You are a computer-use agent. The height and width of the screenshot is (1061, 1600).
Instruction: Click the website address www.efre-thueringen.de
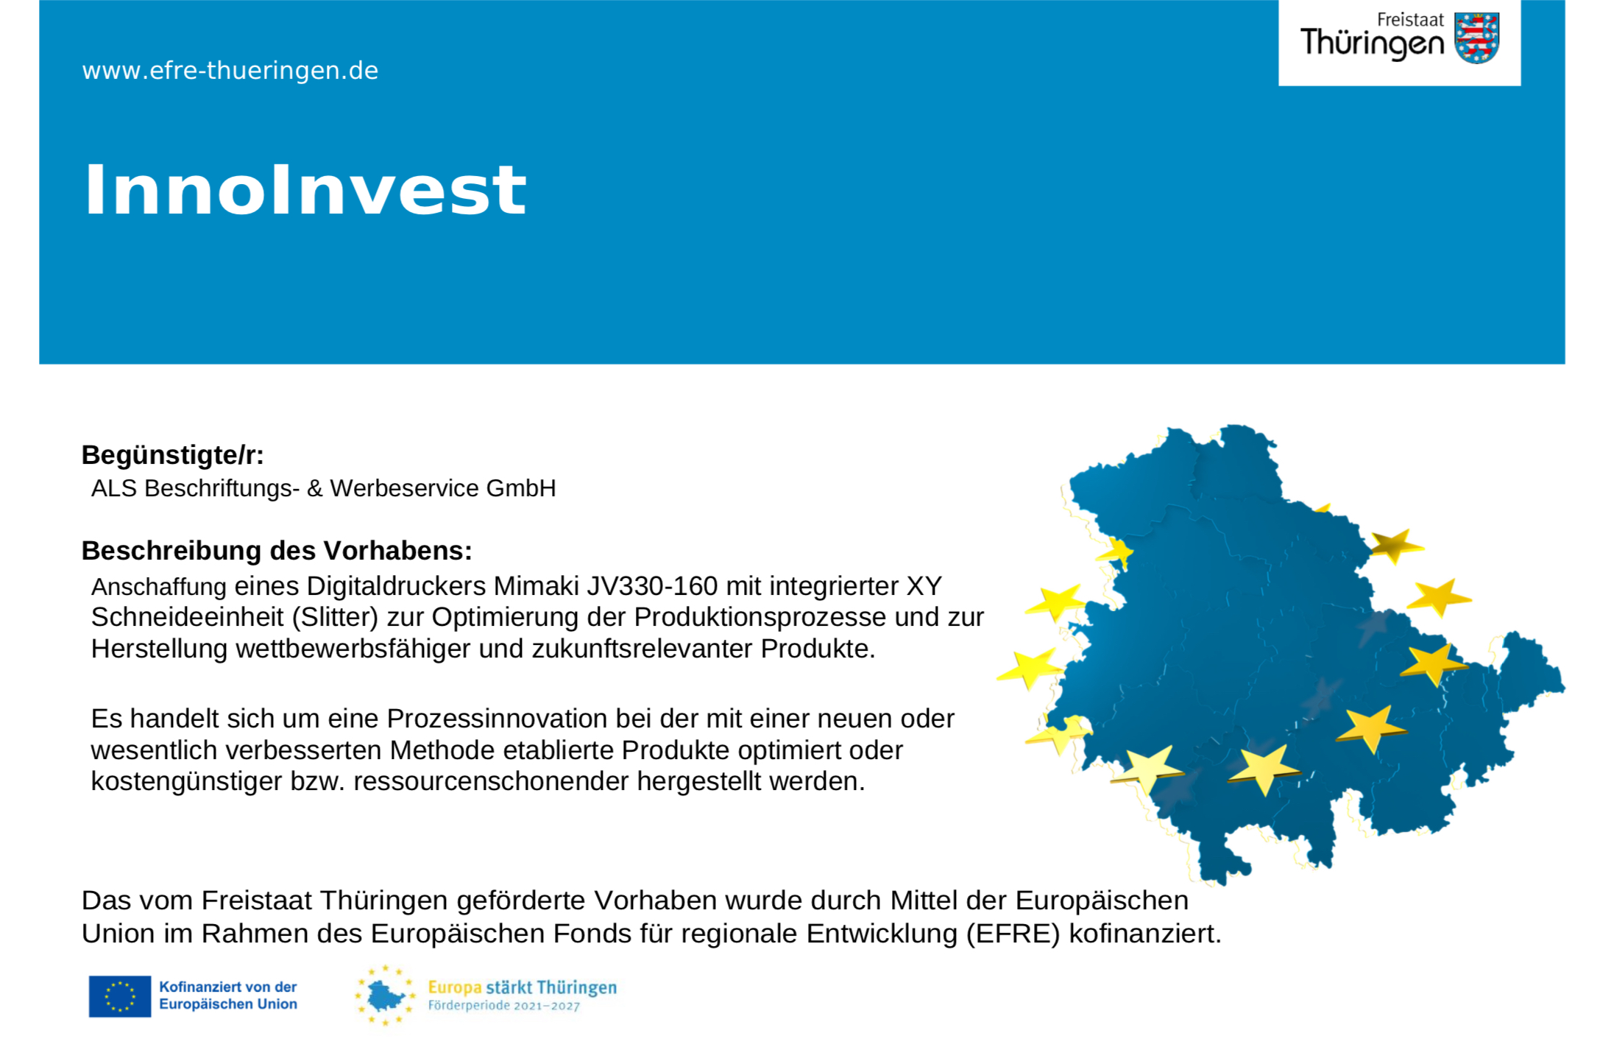(x=230, y=71)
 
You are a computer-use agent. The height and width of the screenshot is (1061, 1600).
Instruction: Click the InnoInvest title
(x=305, y=190)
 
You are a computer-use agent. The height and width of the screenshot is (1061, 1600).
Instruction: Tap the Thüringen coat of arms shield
(x=1476, y=38)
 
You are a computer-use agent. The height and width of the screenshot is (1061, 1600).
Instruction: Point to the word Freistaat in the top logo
(x=1410, y=20)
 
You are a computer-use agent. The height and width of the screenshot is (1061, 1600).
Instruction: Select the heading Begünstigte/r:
(x=172, y=455)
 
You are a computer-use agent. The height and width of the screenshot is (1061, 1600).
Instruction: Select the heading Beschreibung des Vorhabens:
(x=277, y=551)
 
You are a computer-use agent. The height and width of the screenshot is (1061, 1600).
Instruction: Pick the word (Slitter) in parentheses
(x=335, y=617)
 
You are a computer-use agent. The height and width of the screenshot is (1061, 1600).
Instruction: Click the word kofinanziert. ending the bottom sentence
(x=1145, y=934)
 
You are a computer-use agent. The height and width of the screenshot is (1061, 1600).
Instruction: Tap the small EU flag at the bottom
(x=120, y=996)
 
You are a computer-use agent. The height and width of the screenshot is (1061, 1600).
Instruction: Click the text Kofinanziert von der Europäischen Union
(x=228, y=995)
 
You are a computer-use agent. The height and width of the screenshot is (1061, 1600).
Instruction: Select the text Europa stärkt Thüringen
(x=523, y=987)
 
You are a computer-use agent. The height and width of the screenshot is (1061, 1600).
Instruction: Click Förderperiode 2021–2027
(x=504, y=1006)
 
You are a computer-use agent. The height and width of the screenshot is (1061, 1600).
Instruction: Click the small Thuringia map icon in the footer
(x=385, y=996)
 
